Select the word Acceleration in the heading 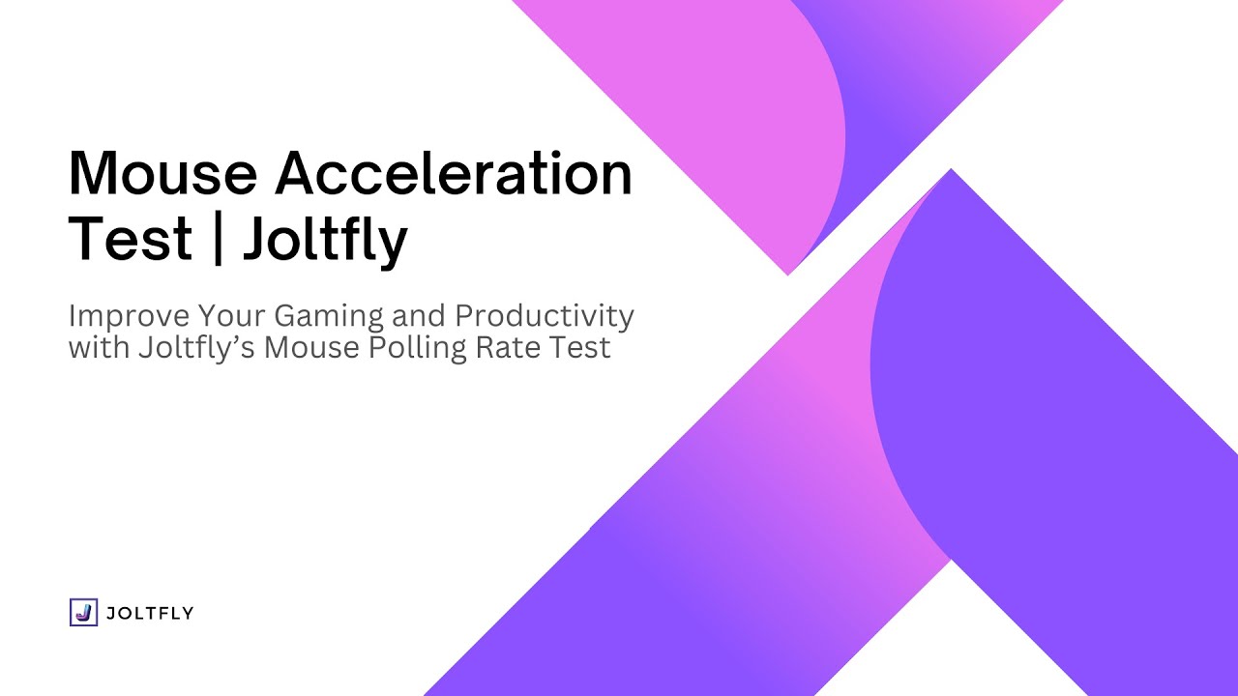[x=454, y=172]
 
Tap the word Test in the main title [x=131, y=239]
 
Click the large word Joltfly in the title [x=326, y=241]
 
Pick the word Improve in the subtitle [x=130, y=316]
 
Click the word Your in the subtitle [x=232, y=315]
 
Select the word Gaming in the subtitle [x=329, y=317]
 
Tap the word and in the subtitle [x=419, y=315]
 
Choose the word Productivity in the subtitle [x=545, y=316]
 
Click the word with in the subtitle [x=99, y=347]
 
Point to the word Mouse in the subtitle [x=311, y=348]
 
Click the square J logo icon [x=83, y=612]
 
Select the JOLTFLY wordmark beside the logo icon [x=150, y=613]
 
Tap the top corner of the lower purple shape [x=951, y=169]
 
